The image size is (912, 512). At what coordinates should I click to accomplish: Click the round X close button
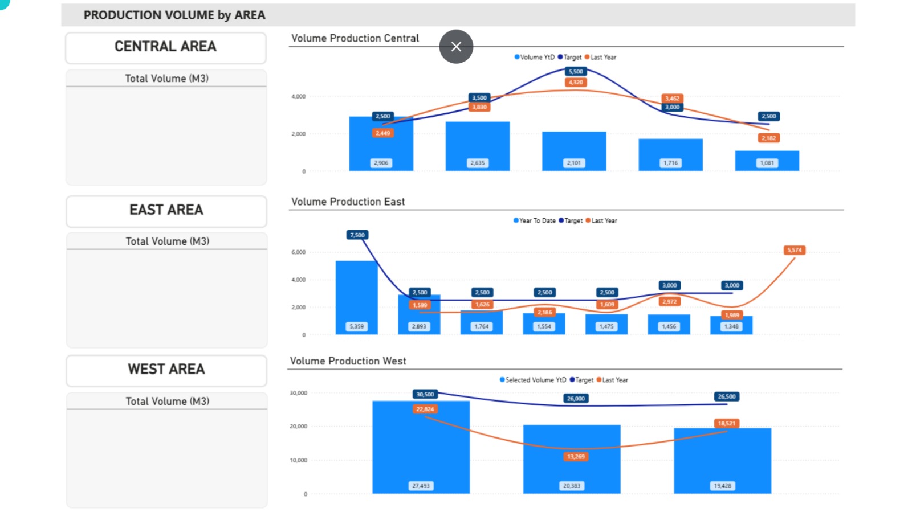pyautogui.click(x=456, y=47)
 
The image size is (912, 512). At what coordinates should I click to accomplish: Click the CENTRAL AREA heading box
pyautogui.click(x=165, y=47)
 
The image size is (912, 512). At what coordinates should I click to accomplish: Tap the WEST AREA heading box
pyautogui.click(x=166, y=370)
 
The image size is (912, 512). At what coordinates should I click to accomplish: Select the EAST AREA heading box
pyautogui.click(x=166, y=211)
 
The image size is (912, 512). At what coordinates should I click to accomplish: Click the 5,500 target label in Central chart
pyautogui.click(x=576, y=72)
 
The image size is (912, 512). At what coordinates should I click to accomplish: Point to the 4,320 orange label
pyautogui.click(x=576, y=83)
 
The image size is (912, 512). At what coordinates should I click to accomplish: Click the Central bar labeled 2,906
pyautogui.click(x=381, y=145)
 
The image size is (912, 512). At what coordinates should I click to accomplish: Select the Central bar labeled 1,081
pyautogui.click(x=767, y=160)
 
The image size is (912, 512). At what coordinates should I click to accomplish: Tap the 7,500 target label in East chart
pyautogui.click(x=357, y=235)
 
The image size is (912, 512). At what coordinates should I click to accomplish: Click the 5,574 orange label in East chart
pyautogui.click(x=794, y=250)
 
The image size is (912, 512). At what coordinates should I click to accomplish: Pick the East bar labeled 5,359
pyautogui.click(x=356, y=296)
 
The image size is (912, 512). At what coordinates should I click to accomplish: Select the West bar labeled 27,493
pyautogui.click(x=421, y=447)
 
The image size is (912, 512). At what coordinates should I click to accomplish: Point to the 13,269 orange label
pyautogui.click(x=576, y=457)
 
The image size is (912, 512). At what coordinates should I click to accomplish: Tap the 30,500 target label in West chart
pyautogui.click(x=425, y=394)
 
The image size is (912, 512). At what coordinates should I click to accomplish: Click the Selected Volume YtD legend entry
pyautogui.click(x=533, y=380)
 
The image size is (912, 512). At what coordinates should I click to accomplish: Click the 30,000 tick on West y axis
pyautogui.click(x=298, y=393)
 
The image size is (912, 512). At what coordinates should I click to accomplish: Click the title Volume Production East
pyautogui.click(x=348, y=202)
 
